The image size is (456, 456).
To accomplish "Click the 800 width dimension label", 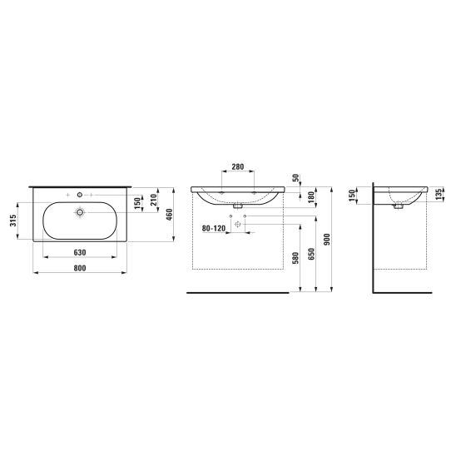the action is click(x=80, y=268).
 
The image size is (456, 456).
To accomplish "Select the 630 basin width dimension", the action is click(x=80, y=252).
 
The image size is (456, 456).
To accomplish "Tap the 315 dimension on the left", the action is click(x=12, y=221).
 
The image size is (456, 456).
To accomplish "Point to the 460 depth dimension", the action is click(x=170, y=215).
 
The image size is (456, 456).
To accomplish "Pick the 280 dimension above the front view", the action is click(x=238, y=167).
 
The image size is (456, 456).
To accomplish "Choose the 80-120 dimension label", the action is click(x=214, y=229).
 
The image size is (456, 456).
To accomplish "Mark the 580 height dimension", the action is click(x=295, y=258).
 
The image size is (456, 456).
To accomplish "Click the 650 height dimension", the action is click(x=311, y=254).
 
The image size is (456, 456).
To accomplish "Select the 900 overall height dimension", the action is click(x=327, y=240).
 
